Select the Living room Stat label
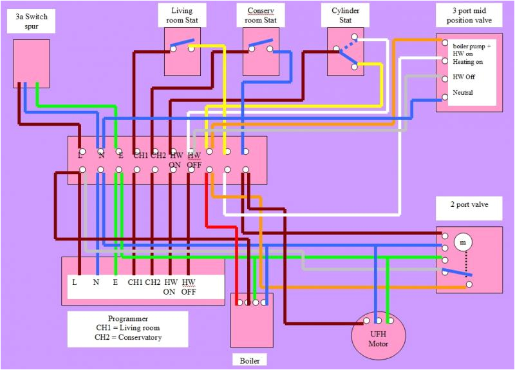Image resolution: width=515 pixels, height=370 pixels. coord(182,15)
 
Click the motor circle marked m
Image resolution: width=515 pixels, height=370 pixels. coord(462,242)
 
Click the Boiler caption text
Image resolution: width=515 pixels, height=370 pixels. coord(250,360)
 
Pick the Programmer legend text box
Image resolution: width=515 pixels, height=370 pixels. coord(127,328)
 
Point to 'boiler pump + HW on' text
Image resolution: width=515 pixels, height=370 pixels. coord(471,50)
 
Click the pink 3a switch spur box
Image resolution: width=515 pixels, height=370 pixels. coord(32,63)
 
